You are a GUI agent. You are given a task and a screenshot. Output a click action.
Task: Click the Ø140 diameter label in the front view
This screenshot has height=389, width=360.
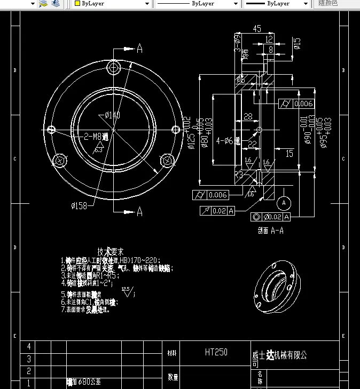(112, 115)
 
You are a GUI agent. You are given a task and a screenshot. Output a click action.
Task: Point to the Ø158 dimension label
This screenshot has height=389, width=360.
(80, 204)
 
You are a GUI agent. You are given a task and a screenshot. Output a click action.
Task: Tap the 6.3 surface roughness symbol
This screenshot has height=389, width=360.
(98, 149)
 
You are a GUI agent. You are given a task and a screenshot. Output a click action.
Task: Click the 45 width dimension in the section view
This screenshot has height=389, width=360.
(257, 29)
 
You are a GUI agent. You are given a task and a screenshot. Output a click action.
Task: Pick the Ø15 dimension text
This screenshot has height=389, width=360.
(298, 43)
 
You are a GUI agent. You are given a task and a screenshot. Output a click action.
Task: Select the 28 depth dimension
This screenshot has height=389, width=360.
(248, 116)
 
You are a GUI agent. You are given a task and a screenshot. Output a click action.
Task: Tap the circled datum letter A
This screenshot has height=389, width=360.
(284, 203)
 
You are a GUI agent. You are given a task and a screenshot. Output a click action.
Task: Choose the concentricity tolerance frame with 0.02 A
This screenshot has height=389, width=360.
(270, 217)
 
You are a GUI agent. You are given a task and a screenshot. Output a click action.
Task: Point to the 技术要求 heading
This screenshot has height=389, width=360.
(111, 251)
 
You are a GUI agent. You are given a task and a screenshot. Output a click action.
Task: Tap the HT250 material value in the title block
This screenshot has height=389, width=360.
(216, 352)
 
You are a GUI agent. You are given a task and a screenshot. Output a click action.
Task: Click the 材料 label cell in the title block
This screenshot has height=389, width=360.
(172, 353)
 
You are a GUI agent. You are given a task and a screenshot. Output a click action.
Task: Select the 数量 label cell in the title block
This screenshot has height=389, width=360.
(173, 377)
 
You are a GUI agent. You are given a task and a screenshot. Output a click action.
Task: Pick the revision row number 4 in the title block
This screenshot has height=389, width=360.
(29, 347)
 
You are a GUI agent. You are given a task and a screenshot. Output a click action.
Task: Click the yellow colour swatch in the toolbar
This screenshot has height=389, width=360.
(77, 3)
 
